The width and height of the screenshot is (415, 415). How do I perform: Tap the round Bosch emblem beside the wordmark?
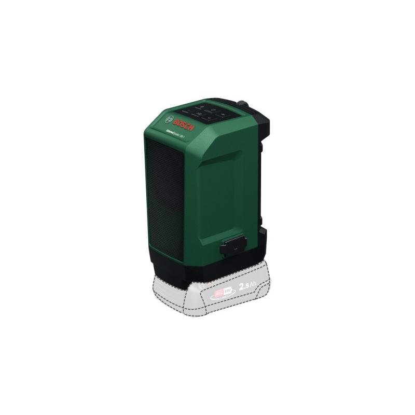(x=169, y=118)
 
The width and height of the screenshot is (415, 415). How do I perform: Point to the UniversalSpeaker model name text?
(x=177, y=133)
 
